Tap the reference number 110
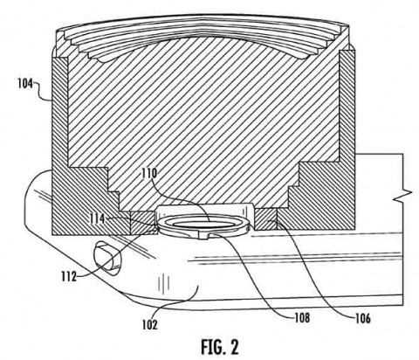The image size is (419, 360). click(x=149, y=174)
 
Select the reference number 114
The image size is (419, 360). click(x=97, y=218)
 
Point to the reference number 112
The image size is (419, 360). click(x=69, y=276)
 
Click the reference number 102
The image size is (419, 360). click(x=149, y=324)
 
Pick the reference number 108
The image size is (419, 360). click(x=302, y=317)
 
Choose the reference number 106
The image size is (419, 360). click(x=363, y=318)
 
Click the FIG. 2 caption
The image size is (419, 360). click(x=220, y=347)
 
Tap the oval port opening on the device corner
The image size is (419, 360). click(x=106, y=259)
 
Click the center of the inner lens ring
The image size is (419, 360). click(x=203, y=224)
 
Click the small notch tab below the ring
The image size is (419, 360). click(x=204, y=237)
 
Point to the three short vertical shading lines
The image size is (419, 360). click(x=164, y=283)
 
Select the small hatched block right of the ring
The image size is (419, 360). click(x=266, y=218)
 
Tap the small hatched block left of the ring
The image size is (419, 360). click(x=142, y=223)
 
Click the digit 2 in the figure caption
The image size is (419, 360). click(x=233, y=347)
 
